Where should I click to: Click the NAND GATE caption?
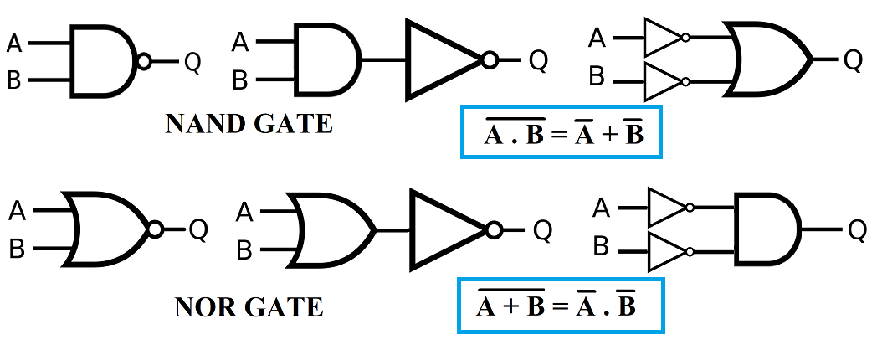249,124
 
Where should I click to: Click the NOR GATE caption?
249,307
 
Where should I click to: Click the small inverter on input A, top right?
664,38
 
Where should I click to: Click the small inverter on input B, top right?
664,81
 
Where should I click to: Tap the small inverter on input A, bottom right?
667,208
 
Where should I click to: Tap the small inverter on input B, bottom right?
667,250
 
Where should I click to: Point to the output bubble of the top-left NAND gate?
145,61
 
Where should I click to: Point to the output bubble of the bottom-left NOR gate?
154,229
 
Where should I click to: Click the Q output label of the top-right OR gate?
853,59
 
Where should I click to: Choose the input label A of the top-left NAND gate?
15,42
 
